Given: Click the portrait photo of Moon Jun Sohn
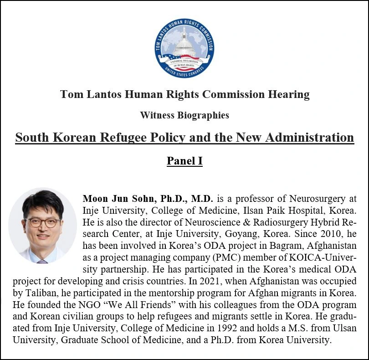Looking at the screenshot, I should pos(43,226).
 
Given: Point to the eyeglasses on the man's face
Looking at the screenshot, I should pos(42,222).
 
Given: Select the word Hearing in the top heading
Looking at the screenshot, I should pos(288,94).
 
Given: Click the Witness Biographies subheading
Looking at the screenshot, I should pos(184,115).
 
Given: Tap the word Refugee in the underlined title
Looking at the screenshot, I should pos(132,137).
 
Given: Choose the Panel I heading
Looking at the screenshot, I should pos(184,160).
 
